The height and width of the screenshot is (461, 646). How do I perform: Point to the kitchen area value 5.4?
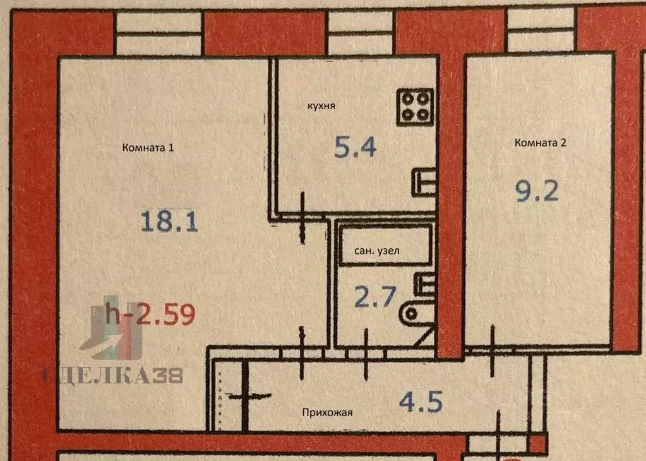coord(355,148)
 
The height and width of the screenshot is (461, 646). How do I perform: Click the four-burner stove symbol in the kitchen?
coord(415,106)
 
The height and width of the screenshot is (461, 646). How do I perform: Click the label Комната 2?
coord(540,142)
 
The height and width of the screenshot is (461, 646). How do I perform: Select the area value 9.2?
coord(537,190)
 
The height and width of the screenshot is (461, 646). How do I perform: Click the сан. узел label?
coord(377,251)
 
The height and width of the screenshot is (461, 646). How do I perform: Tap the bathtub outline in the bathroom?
coord(385,243)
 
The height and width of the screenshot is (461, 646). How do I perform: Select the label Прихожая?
coord(326,413)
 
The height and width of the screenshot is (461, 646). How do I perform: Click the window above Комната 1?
coord(159,33)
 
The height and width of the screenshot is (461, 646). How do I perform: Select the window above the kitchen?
coord(361,33)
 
